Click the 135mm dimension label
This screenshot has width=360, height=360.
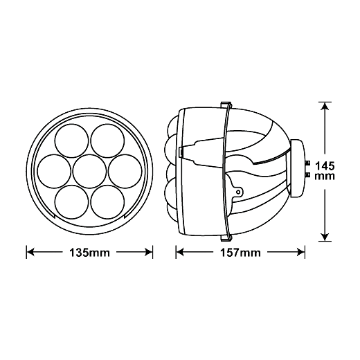point(89,253)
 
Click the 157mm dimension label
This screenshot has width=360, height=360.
point(240,253)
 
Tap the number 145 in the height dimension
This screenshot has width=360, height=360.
point(325,166)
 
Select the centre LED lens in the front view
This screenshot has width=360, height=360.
point(89,172)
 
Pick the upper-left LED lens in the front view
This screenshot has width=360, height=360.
point(72,141)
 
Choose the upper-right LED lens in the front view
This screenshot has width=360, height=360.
point(107,141)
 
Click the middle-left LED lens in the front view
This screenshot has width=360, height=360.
point(54,172)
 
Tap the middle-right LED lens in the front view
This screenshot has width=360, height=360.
point(125,172)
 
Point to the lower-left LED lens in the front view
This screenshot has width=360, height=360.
point(72,202)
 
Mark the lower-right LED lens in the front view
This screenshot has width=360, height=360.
point(107,202)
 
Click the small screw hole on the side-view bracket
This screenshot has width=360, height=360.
point(238,192)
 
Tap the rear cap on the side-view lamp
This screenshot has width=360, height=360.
point(298,168)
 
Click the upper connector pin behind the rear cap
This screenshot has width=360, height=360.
point(307,163)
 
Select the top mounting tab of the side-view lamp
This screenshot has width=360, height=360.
point(226,105)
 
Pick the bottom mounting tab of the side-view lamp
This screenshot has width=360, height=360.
point(226,238)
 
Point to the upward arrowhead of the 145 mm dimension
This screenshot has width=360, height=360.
point(325,107)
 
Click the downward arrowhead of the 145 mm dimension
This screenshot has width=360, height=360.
point(325,237)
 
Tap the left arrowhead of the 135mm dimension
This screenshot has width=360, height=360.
point(30,252)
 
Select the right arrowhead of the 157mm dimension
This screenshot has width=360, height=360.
point(300,252)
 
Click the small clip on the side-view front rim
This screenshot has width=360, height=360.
point(181,152)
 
